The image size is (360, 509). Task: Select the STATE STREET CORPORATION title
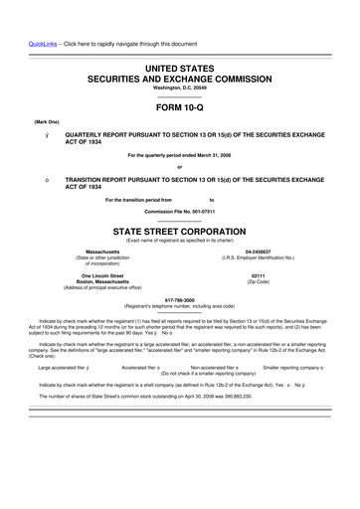179,229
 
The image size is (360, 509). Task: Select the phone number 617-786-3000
179,298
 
